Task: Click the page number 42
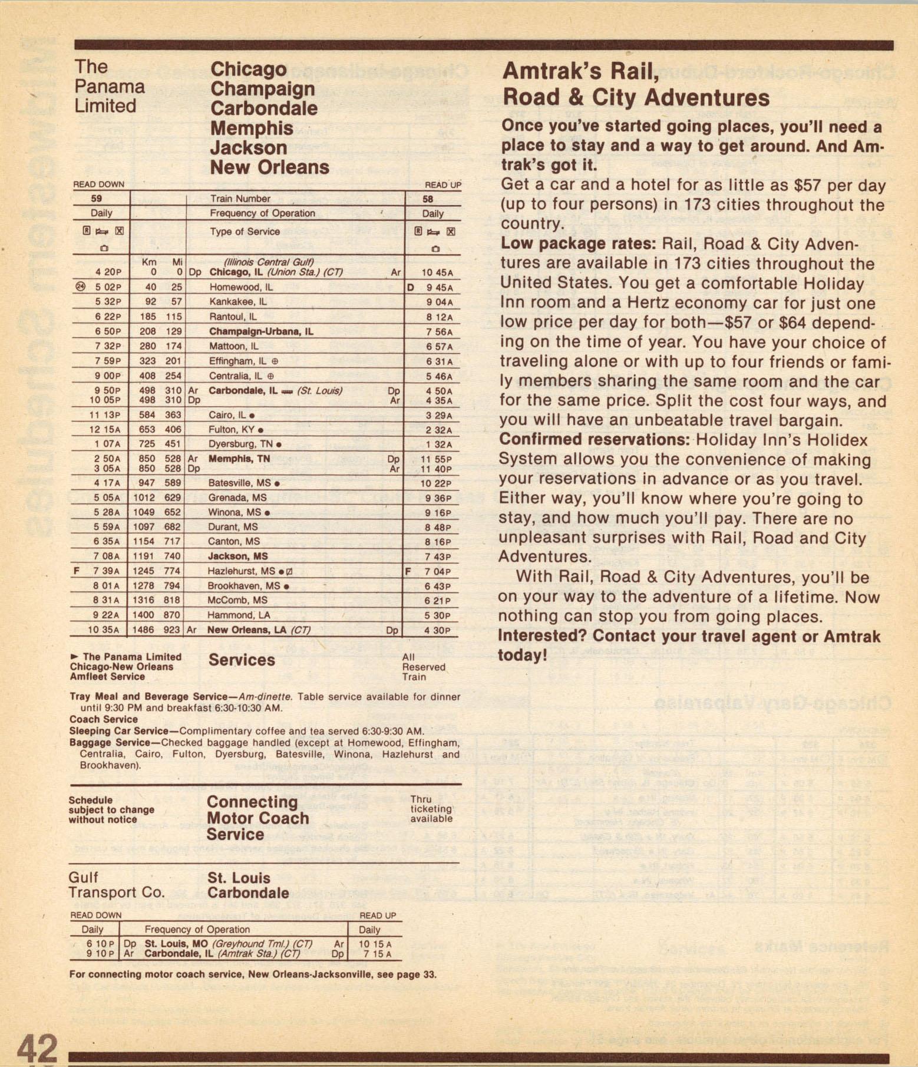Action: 37,1048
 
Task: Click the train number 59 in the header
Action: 97,199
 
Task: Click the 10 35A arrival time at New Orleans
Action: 103,630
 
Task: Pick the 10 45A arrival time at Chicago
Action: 437,273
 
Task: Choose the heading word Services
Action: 242,660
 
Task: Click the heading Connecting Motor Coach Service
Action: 257,818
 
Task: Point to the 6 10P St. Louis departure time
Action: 101,943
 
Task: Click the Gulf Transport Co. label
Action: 116,885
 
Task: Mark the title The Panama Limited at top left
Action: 109,87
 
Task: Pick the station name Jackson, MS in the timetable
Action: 237,556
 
